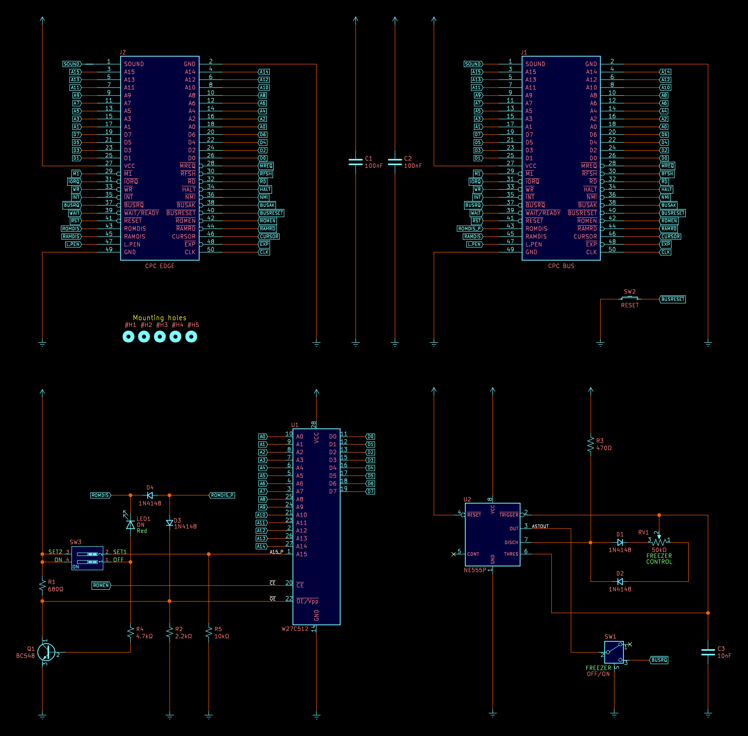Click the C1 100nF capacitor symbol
pos(355,162)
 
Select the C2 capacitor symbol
pos(395,162)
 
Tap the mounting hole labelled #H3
pos(159,337)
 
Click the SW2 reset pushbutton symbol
pos(629,298)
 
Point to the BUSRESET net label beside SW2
pos(672,299)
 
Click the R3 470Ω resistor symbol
pos(591,445)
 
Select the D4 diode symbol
pos(150,495)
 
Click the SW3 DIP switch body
pos(87,558)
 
